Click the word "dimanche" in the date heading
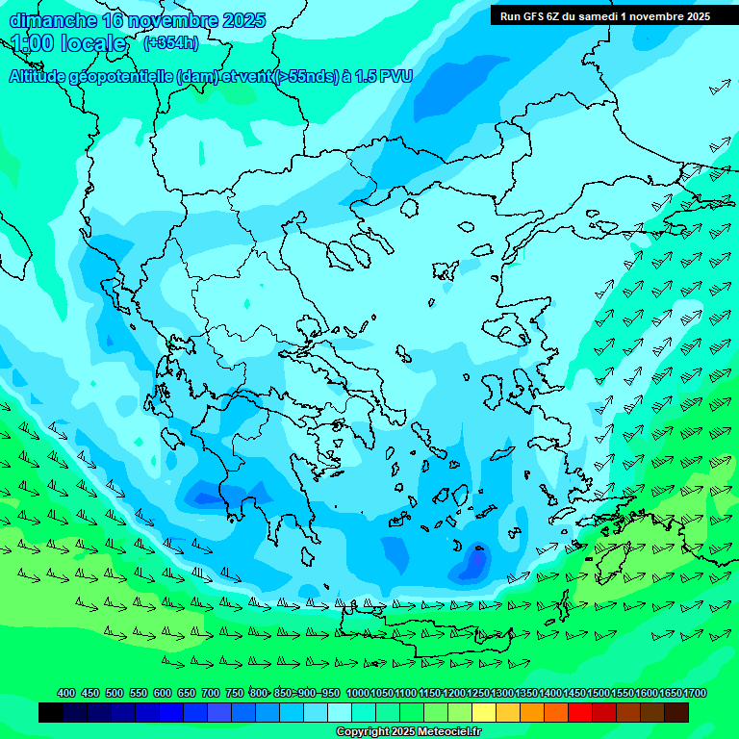coord(53,20)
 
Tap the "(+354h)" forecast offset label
coord(171,42)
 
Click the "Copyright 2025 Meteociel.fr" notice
coord(408,732)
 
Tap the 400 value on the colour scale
coord(66,693)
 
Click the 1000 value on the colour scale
coord(358,693)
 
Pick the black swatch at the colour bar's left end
coord(51,713)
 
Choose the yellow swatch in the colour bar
coord(484,713)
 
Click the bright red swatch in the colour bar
coord(580,713)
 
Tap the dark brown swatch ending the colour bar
coord(676,713)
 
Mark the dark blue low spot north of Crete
coord(474,562)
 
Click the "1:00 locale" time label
coord(69,43)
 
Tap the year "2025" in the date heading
coord(242,20)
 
